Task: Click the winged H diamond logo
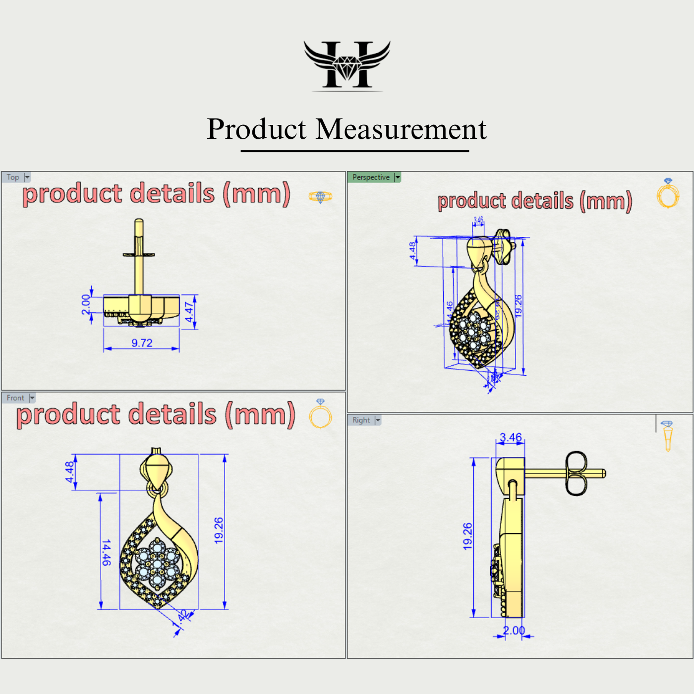pos(347,65)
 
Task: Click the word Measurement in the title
pos(401,129)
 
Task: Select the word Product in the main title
pos(256,129)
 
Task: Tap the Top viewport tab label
pos(13,177)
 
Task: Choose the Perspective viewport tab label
pos(371,177)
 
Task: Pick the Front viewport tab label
pos(15,398)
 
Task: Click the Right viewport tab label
pos(361,420)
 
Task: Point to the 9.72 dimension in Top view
pos(142,343)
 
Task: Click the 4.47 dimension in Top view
pos(189,312)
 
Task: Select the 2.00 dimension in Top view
pos(86,304)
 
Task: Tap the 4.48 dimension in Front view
pos(69,472)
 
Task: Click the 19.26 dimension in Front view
pos(219,530)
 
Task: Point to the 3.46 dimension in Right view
pos(511,438)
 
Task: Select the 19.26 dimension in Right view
pos(467,536)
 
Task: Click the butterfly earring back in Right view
pos(576,473)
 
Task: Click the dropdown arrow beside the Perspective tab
pos(398,177)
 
